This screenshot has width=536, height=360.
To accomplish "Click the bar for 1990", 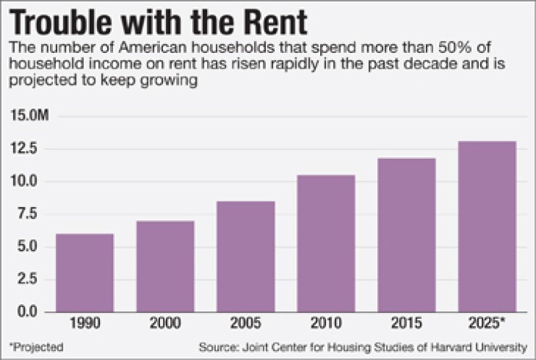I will click(x=84, y=272).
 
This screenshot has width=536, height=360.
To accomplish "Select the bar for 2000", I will click(x=164, y=266).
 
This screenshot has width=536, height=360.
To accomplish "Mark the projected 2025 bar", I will click(x=487, y=226).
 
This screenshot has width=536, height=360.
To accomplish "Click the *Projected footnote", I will click(x=36, y=346).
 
